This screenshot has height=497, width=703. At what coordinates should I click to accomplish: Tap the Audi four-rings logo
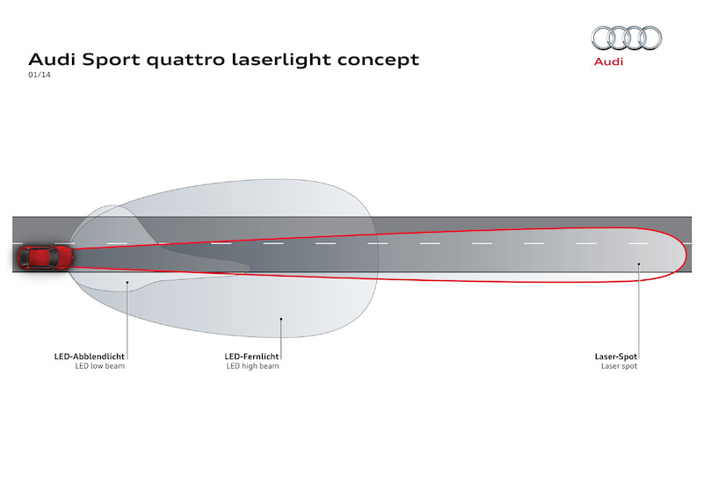tap(626, 38)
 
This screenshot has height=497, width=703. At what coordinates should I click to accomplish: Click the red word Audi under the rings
tap(608, 62)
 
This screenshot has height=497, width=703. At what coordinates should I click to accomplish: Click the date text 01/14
tap(39, 77)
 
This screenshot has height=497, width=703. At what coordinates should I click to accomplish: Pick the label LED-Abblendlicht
tap(89, 357)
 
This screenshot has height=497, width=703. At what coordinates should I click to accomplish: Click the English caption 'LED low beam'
tap(100, 366)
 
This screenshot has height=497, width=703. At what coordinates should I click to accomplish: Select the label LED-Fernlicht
tap(252, 357)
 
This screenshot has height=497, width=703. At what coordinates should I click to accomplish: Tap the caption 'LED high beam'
tap(252, 366)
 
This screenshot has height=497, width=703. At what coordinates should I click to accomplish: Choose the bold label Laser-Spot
tap(616, 357)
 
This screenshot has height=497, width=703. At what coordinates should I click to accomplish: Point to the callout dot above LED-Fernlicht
tap(280, 319)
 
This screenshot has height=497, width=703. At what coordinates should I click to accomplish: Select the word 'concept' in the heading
tap(377, 61)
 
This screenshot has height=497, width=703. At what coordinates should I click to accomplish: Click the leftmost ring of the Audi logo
tap(603, 38)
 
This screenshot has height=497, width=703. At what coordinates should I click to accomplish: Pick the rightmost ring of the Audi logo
tap(649, 38)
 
